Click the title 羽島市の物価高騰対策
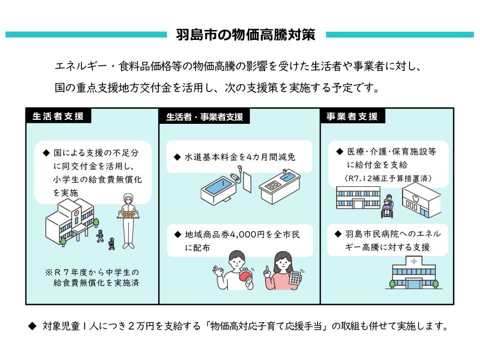(x=245, y=35)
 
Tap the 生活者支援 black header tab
(x=58, y=116)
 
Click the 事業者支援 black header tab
(x=352, y=116)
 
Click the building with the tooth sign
(x=421, y=200)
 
